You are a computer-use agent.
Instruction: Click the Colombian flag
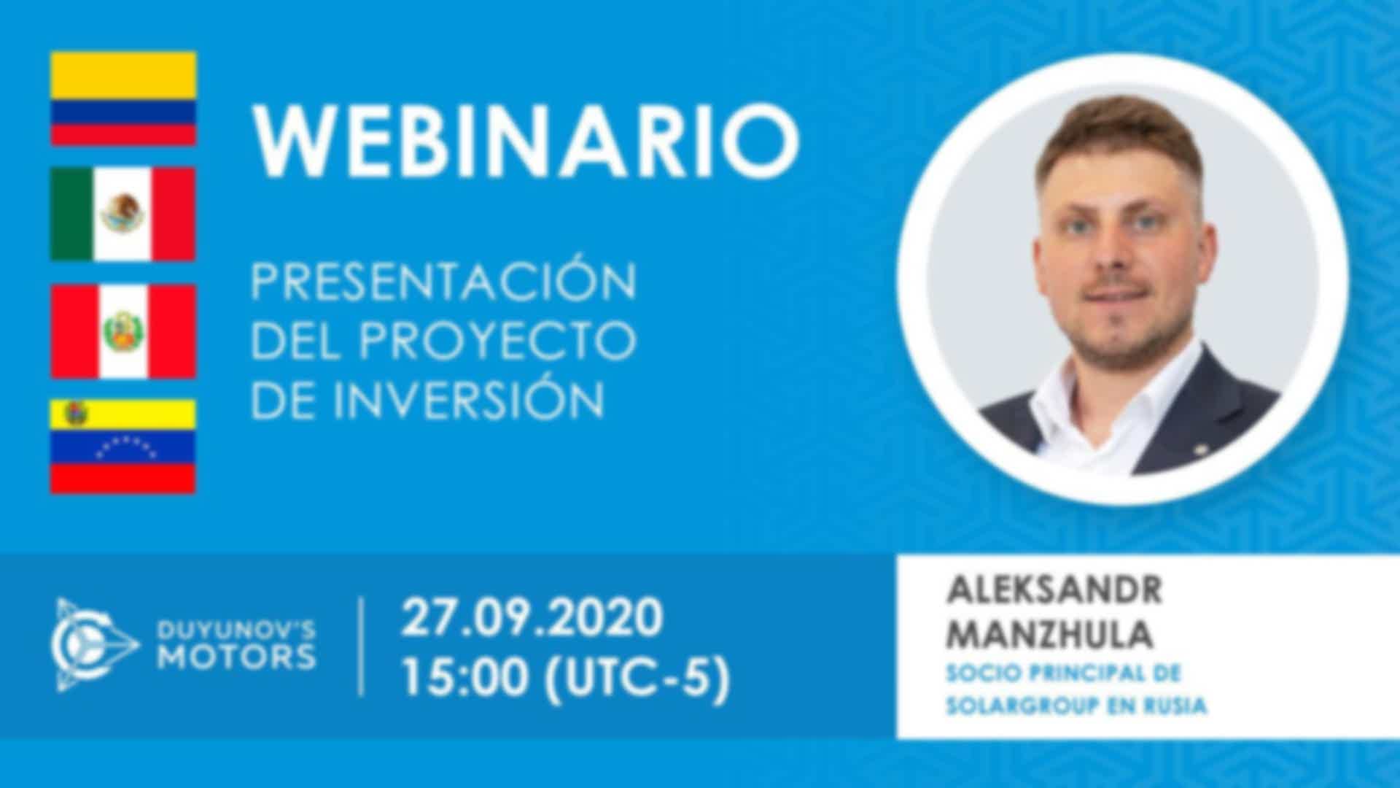coord(123,98)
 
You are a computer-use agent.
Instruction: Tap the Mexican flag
coord(123,214)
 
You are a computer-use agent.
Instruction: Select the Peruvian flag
coord(123,331)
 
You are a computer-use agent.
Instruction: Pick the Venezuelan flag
coord(123,447)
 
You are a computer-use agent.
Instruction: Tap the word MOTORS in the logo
coord(237,657)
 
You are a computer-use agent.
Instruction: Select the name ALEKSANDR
coord(1054,590)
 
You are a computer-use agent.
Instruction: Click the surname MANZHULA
coord(1049,635)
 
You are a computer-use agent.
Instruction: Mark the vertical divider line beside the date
coord(362,647)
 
